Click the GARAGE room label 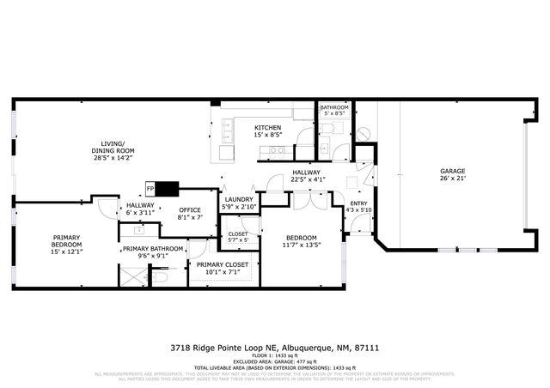452,172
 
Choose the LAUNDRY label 238,199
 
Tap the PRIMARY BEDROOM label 67,241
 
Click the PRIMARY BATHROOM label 153,248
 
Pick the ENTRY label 358,203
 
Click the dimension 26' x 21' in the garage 452,179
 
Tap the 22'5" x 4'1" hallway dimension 307,179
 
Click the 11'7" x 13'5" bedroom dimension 301,245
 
